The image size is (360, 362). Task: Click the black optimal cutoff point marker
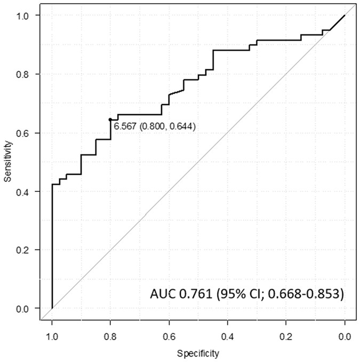click(110, 119)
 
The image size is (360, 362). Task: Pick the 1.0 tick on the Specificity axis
click(52, 336)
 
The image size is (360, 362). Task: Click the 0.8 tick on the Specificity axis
click(110, 336)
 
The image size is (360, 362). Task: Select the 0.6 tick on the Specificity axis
click(169, 336)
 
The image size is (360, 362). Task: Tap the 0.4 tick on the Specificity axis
click(228, 336)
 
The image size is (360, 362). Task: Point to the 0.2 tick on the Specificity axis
click(286, 336)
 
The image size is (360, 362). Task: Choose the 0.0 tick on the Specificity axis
click(345, 336)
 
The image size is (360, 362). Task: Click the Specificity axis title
click(198, 353)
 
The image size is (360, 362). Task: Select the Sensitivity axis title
click(7, 162)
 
